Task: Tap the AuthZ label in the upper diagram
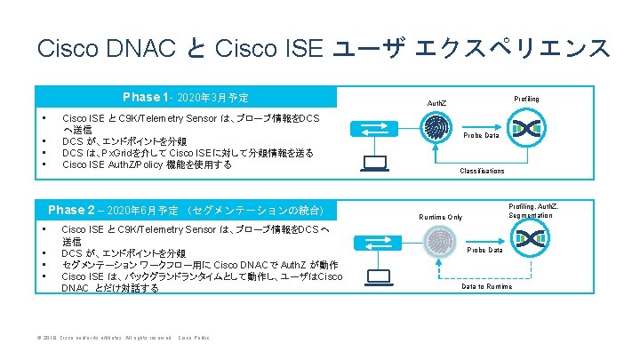[x=438, y=104]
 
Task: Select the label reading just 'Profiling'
[x=526, y=99]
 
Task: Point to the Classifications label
[x=482, y=171]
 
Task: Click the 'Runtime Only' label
[x=441, y=216]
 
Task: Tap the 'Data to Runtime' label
[x=487, y=286]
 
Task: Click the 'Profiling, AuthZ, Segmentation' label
[x=533, y=211]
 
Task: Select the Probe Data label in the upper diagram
[x=484, y=135]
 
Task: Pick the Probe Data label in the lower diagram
[x=485, y=250]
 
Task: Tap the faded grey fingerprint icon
[x=439, y=243]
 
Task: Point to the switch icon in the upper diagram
[x=372, y=128]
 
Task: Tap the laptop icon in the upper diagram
[x=374, y=162]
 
